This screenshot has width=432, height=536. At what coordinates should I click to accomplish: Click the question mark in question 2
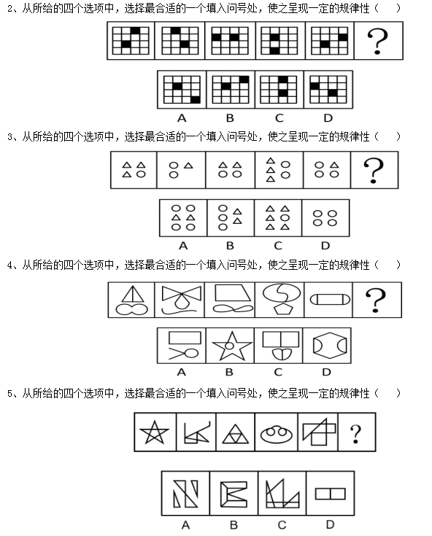[x=377, y=41]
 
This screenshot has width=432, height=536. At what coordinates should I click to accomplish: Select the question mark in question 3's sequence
[x=374, y=170]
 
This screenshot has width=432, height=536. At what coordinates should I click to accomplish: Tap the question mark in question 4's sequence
[x=376, y=300]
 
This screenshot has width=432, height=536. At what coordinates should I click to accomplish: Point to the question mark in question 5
[x=355, y=434]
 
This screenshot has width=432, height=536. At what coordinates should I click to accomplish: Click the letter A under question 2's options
[x=182, y=118]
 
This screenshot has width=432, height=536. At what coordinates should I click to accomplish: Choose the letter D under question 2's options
[x=328, y=118]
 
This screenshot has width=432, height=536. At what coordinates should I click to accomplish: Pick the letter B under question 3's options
[x=230, y=246]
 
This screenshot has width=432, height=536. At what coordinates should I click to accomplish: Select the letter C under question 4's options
[x=278, y=372]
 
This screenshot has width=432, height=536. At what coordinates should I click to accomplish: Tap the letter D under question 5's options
[x=330, y=524]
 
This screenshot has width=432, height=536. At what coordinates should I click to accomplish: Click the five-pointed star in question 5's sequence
[x=154, y=432]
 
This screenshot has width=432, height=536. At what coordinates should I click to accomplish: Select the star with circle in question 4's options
[x=232, y=346]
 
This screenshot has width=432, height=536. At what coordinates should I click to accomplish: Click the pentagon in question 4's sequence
[x=283, y=308]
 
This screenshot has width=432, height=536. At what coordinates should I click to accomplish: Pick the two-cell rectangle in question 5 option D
[x=330, y=494]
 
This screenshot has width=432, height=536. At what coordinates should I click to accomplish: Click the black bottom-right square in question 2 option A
[x=196, y=100]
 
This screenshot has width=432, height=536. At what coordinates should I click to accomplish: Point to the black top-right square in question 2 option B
[x=244, y=79]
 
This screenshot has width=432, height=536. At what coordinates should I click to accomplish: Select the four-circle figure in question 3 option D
[x=325, y=218]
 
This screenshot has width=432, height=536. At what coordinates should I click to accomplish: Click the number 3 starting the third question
[x=9, y=137]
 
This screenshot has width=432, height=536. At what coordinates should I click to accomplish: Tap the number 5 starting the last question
[x=9, y=394]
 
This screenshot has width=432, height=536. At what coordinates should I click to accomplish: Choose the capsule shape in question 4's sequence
[x=330, y=300]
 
